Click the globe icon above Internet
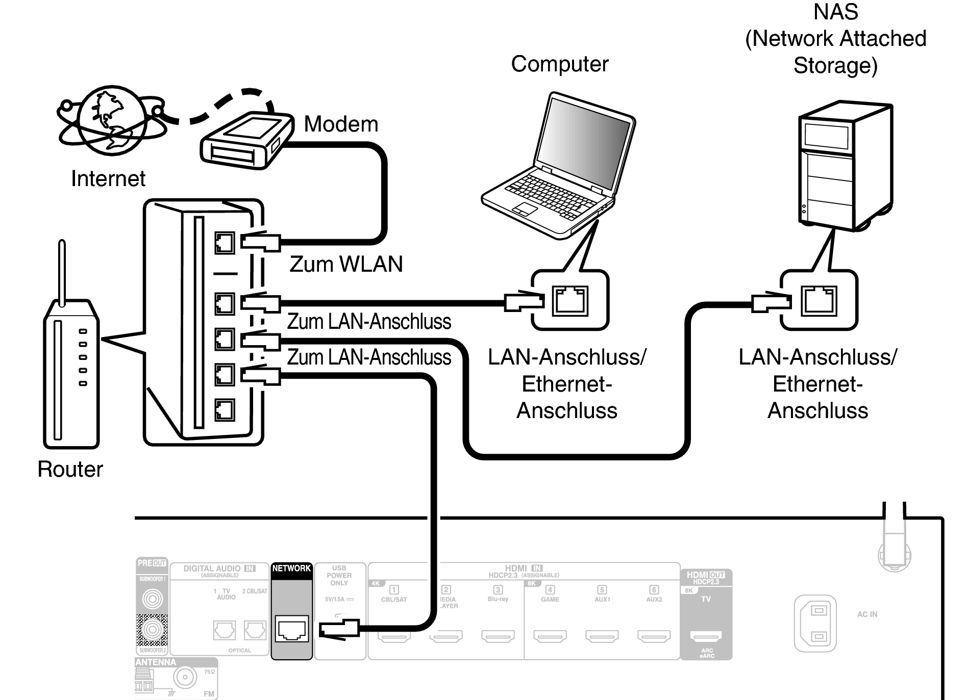click(x=108, y=121)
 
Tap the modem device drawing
click(x=246, y=140)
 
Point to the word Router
click(x=70, y=469)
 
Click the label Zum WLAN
click(x=346, y=264)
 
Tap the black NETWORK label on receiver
click(x=291, y=568)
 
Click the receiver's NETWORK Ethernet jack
click(x=291, y=629)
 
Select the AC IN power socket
click(x=815, y=623)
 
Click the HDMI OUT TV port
click(x=706, y=636)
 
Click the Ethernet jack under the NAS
click(x=819, y=300)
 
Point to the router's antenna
click(x=62, y=273)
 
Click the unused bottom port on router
click(x=225, y=409)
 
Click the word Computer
click(x=560, y=64)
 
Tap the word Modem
click(x=341, y=124)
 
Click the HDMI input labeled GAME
click(x=550, y=636)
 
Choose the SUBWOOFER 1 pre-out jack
click(x=152, y=598)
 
